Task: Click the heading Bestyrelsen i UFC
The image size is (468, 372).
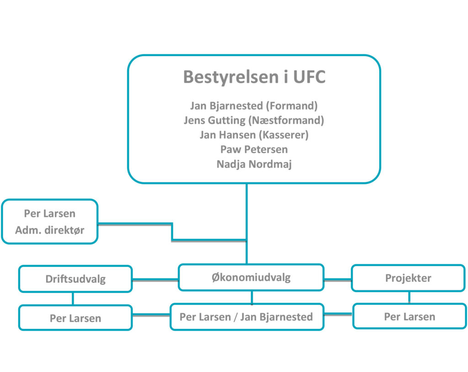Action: [254, 77]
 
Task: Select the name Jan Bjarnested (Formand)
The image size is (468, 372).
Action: [254, 106]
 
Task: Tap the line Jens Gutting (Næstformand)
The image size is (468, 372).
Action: [254, 121]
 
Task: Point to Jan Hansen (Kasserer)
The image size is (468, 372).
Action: [254, 135]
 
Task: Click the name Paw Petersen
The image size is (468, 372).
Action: [254, 149]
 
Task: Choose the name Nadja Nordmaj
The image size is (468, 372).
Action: [254, 164]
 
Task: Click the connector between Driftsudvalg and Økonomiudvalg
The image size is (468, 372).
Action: [155, 280]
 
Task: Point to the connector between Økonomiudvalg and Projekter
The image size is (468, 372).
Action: [338, 280]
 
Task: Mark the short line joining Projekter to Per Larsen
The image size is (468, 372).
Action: [409, 297]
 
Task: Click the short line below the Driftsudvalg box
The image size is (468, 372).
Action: [73, 299]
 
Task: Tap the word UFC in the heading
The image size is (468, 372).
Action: [309, 77]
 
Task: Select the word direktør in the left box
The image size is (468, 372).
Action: [64, 230]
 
